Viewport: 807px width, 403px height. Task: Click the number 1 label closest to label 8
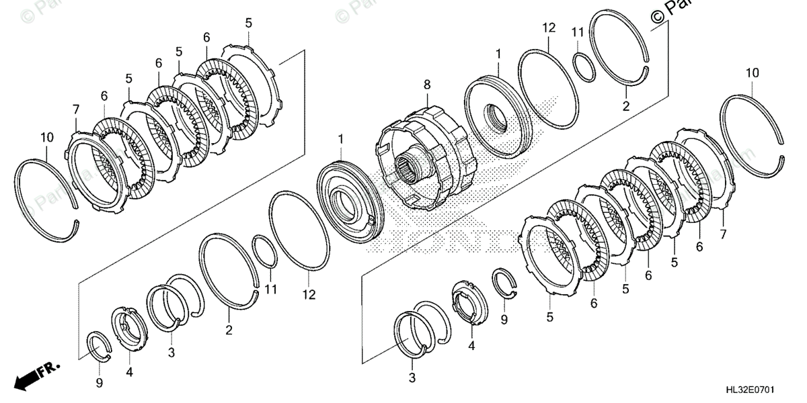tap(498, 52)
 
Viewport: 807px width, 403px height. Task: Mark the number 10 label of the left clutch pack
tap(46, 138)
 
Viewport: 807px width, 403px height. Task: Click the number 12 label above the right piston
tap(549, 28)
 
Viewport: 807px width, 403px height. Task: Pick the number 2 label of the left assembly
tap(229, 330)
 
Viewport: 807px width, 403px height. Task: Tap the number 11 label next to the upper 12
tap(578, 32)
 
